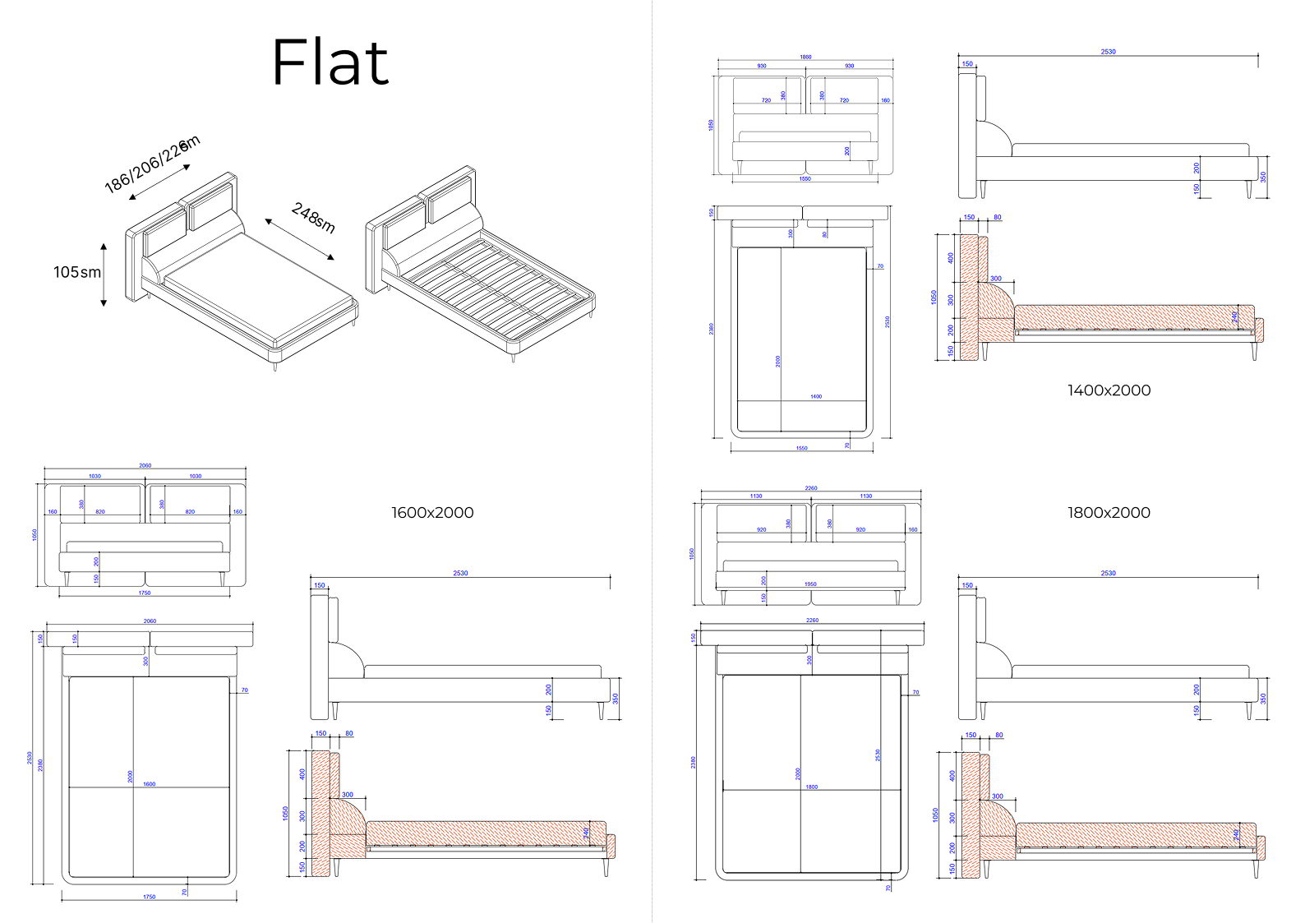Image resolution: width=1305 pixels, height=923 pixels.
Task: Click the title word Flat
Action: tap(330, 62)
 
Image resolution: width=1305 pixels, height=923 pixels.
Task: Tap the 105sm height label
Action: tap(77, 272)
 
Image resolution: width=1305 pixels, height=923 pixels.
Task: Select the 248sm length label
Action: tap(313, 218)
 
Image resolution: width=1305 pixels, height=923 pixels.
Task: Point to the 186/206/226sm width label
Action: tap(152, 164)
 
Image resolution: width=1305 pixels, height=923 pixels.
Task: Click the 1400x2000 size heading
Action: tap(1109, 390)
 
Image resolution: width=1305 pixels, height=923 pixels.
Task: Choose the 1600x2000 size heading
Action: tap(432, 513)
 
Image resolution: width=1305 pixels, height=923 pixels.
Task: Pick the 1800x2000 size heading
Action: tap(1109, 513)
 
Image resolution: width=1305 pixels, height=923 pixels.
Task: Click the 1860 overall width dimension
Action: tap(805, 57)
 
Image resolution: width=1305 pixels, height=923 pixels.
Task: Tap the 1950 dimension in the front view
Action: tap(810, 584)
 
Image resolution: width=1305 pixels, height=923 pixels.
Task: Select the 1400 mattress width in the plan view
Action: tap(816, 396)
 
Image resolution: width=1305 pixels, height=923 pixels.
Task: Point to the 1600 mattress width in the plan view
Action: tap(149, 784)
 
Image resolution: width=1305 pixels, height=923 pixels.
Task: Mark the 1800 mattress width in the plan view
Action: tap(811, 787)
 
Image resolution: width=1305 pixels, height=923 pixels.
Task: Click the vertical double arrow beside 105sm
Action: tap(104, 275)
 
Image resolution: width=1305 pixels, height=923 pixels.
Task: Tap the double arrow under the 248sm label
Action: tap(299, 239)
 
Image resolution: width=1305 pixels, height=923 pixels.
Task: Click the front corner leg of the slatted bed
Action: tap(513, 358)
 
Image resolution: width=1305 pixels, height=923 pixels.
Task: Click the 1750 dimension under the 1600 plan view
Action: tap(149, 897)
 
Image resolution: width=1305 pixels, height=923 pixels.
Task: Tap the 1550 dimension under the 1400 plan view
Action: tap(801, 448)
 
